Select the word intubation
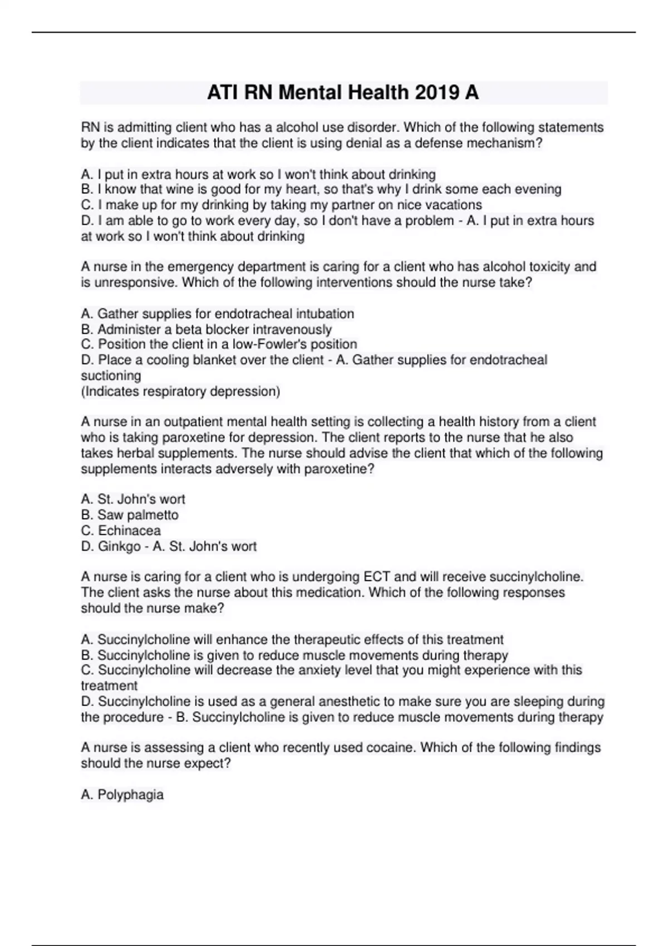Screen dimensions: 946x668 coord(325,314)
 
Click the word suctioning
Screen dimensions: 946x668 coord(111,376)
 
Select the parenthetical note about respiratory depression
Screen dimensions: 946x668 coord(180,391)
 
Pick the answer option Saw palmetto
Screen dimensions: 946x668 coord(130,515)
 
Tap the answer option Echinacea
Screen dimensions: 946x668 coord(121,530)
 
